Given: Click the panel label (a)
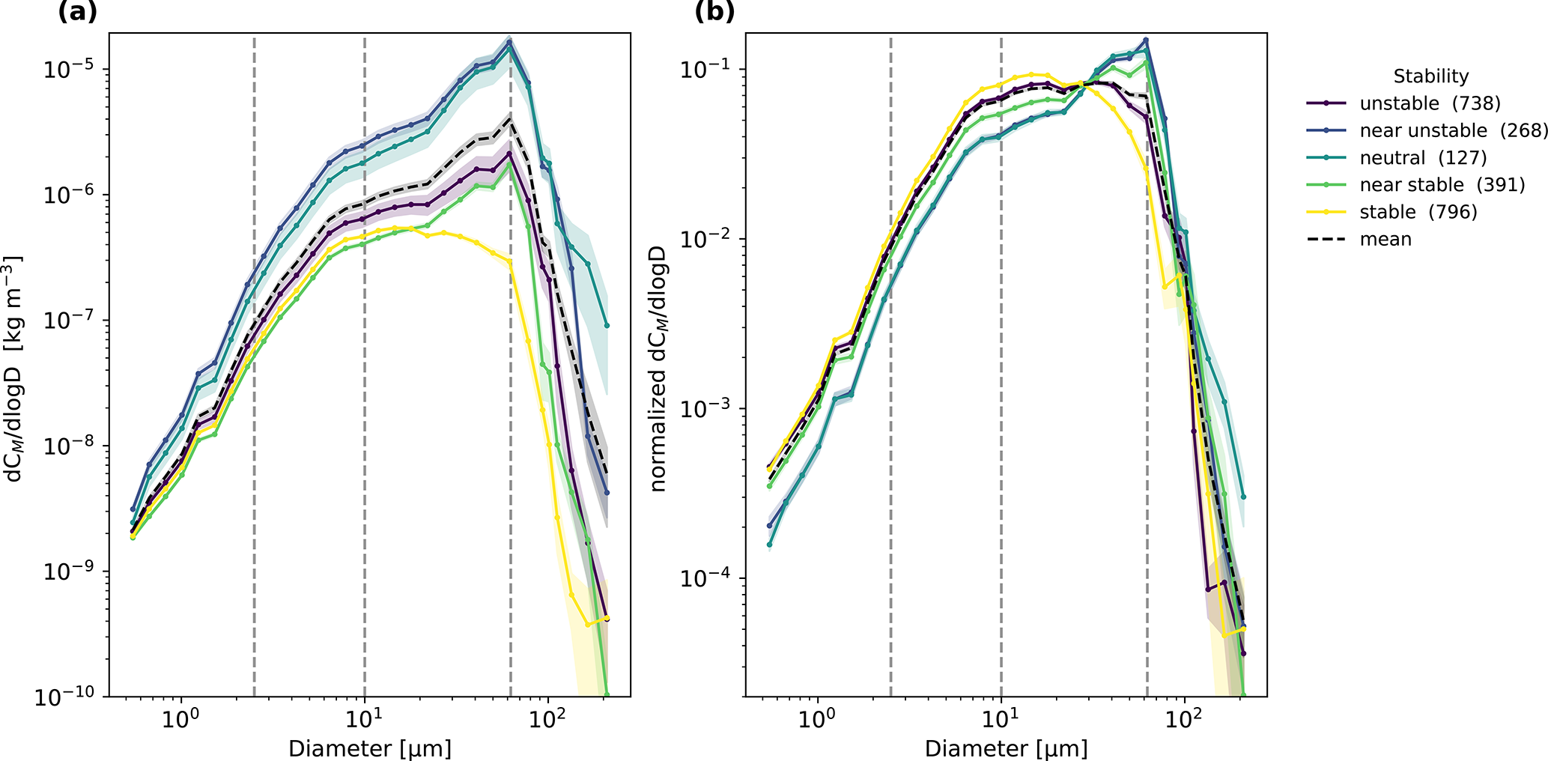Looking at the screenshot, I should pos(77,12).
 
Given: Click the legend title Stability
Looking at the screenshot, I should pos(1430,76).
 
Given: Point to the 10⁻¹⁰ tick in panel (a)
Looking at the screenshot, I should pos(66,697).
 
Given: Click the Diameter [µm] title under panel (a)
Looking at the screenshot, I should pos(370,748).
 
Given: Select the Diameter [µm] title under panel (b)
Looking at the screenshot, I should pos(1006,748).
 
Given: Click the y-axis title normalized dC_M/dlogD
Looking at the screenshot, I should pos(658,369).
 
